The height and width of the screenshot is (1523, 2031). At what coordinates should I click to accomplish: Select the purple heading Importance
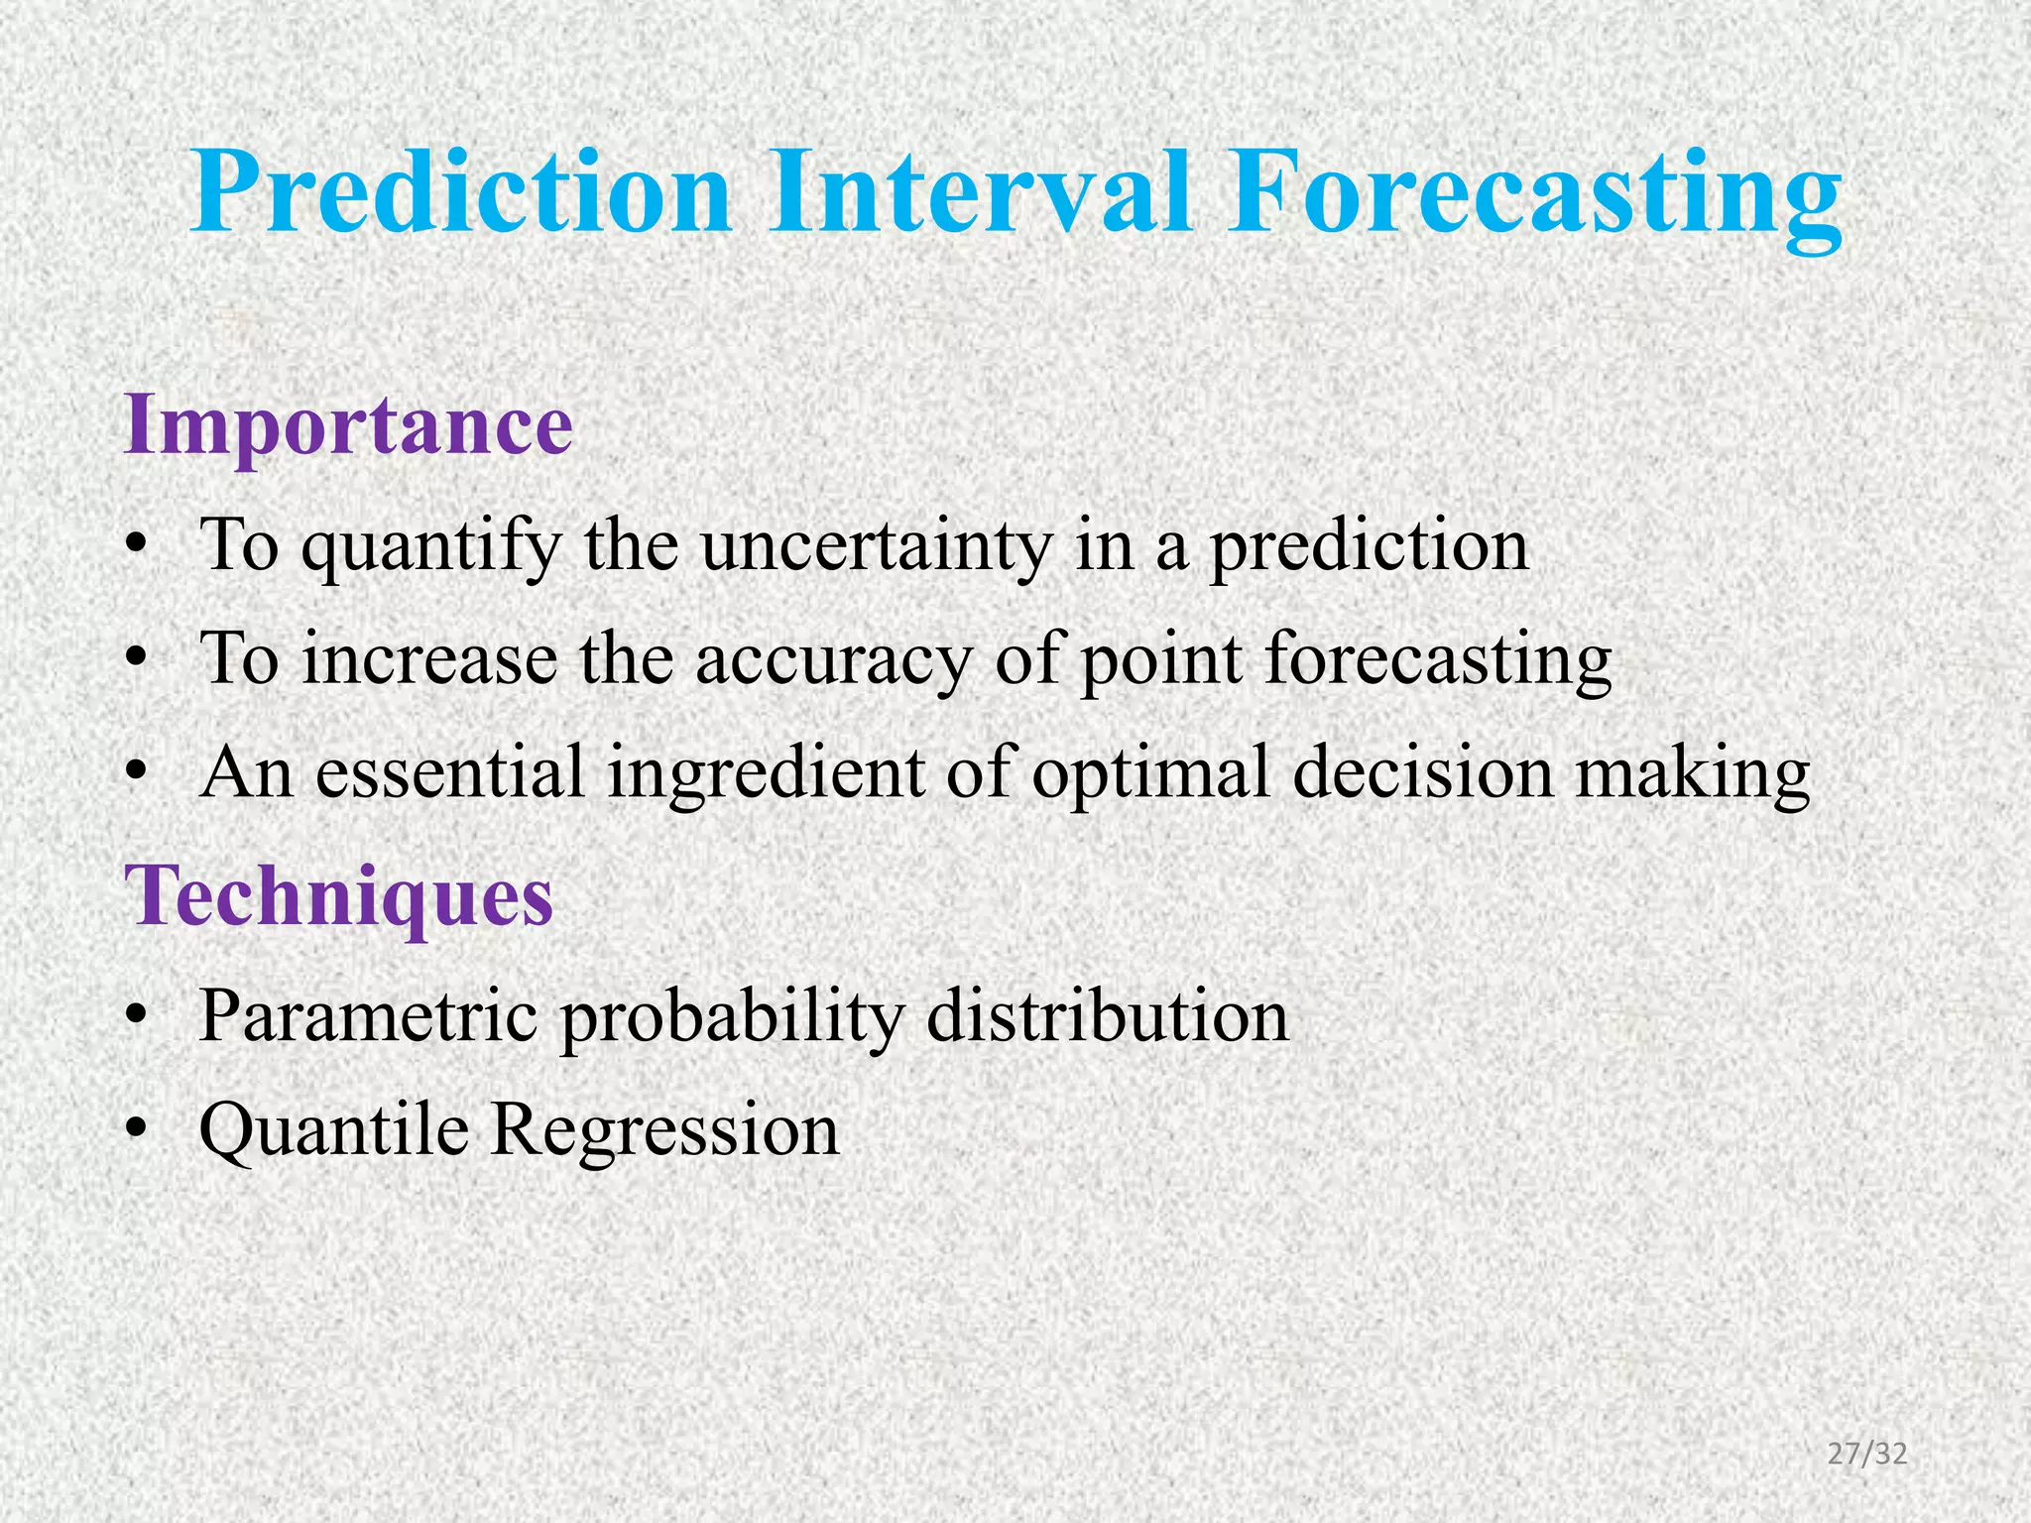coord(348,426)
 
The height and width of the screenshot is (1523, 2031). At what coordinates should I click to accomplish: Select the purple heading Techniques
coord(338,897)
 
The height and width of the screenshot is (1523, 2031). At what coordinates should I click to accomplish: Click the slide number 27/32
coord(1867,1455)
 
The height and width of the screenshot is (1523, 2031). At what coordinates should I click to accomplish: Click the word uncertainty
coord(876,547)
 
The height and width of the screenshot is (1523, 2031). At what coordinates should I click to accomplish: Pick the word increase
coord(429,659)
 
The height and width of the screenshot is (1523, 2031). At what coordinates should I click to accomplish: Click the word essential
coord(451,773)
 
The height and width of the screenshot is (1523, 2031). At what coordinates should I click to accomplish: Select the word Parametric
coord(368,1016)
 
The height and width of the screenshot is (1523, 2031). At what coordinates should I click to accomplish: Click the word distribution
coord(1107,1016)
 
